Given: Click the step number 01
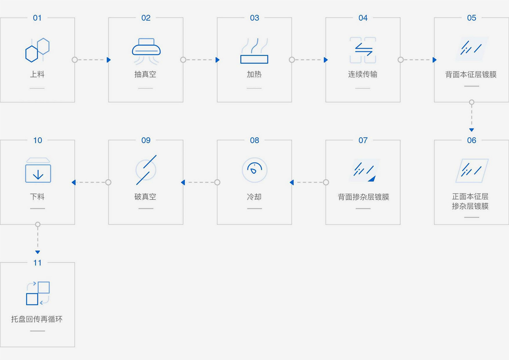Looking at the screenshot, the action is click(x=37, y=18).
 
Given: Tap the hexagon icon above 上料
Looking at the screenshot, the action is click(x=37, y=50).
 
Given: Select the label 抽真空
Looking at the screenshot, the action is click(x=146, y=74).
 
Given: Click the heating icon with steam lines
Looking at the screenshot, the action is click(x=254, y=51).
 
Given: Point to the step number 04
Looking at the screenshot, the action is click(x=363, y=18).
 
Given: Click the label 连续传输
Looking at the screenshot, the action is click(x=363, y=74).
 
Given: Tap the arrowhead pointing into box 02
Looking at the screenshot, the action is click(x=109, y=60).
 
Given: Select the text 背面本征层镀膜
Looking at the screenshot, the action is click(x=471, y=74).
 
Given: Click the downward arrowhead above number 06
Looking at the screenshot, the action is click(x=472, y=130).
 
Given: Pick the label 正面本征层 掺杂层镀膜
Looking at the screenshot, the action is click(x=470, y=201).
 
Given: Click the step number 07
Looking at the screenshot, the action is click(x=363, y=140).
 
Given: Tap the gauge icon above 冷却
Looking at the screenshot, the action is click(x=254, y=170).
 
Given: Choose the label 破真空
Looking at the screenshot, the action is click(x=146, y=197).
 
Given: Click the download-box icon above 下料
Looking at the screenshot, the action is click(x=38, y=170).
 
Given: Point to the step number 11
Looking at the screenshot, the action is click(x=37, y=263).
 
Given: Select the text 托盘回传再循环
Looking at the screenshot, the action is click(x=37, y=319).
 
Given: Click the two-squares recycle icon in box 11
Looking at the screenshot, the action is click(x=38, y=293).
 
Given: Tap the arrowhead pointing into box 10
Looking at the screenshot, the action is click(x=74, y=182).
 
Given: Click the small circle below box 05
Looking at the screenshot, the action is click(x=472, y=102).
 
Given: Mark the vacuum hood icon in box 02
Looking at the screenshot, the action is click(x=146, y=51).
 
